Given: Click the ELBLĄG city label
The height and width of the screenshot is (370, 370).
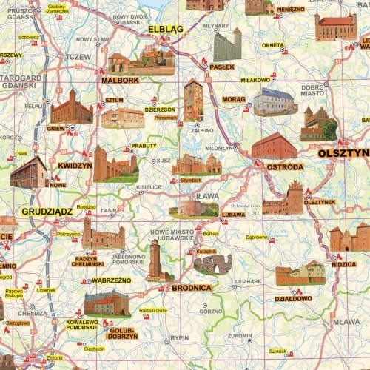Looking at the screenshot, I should tap(165, 30).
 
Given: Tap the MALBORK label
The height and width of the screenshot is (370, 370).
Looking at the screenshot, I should tap(116, 80).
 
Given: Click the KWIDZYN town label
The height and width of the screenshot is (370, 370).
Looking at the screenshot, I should tap(75, 166).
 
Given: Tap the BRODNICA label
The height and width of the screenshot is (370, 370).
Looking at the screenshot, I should tap(192, 287).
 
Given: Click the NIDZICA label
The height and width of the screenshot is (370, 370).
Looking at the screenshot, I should tap(343, 263).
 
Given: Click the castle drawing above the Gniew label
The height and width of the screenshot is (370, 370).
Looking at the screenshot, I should tap(72, 107).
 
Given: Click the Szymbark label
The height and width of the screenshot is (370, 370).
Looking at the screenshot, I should tap(190, 178).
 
